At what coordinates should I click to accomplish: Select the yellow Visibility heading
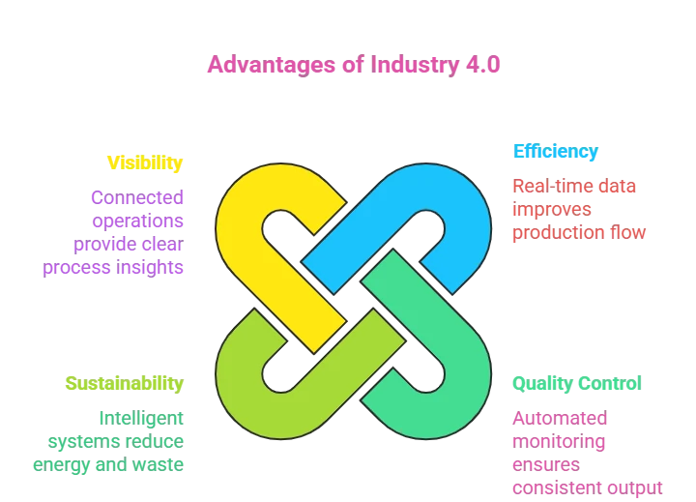(145, 162)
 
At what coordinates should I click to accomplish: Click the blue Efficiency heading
(556, 152)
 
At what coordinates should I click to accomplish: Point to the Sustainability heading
(124, 383)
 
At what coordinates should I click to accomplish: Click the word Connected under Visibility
(136, 198)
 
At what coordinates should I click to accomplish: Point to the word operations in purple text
(136, 221)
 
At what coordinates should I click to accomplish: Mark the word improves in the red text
(553, 209)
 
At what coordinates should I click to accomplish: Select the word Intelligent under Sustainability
(139, 418)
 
